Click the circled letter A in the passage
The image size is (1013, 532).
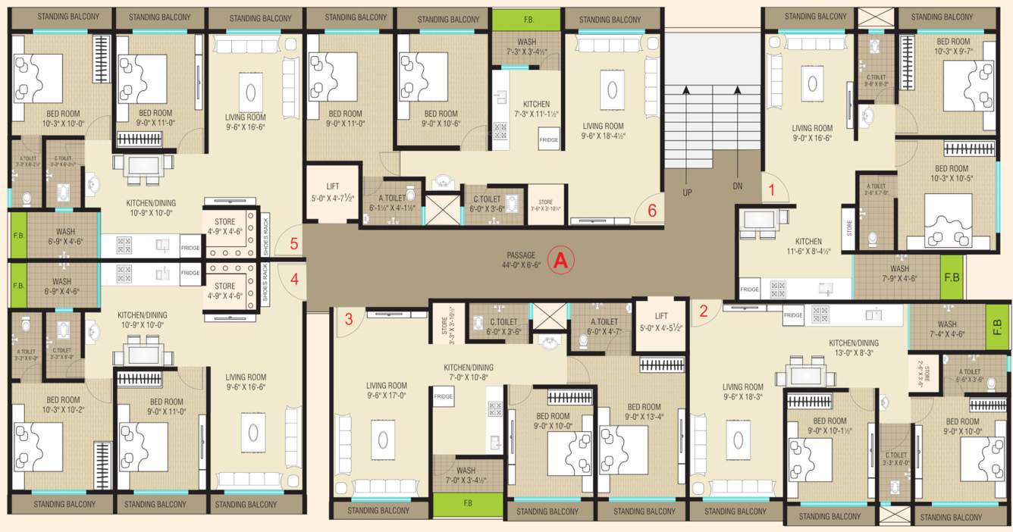click(x=560, y=260)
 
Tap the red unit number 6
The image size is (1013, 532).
click(x=652, y=211)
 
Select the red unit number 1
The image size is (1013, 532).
click(x=772, y=190)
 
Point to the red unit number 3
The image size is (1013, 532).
click(x=349, y=319)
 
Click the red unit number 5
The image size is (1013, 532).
click(x=294, y=244)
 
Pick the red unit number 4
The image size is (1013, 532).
click(x=294, y=277)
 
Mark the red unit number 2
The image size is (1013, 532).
click(x=704, y=310)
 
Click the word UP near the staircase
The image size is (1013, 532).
click(x=687, y=192)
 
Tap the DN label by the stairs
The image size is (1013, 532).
click(x=738, y=186)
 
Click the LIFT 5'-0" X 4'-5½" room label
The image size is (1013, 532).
click(x=661, y=323)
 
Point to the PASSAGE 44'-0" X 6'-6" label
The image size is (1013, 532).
click(x=521, y=260)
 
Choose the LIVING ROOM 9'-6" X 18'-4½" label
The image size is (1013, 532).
click(x=603, y=131)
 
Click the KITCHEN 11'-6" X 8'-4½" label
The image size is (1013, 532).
click(x=810, y=246)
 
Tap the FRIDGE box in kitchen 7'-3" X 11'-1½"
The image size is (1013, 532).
click(x=548, y=140)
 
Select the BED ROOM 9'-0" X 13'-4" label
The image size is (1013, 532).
click(x=644, y=411)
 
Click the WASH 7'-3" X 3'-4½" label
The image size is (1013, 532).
click(x=526, y=47)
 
